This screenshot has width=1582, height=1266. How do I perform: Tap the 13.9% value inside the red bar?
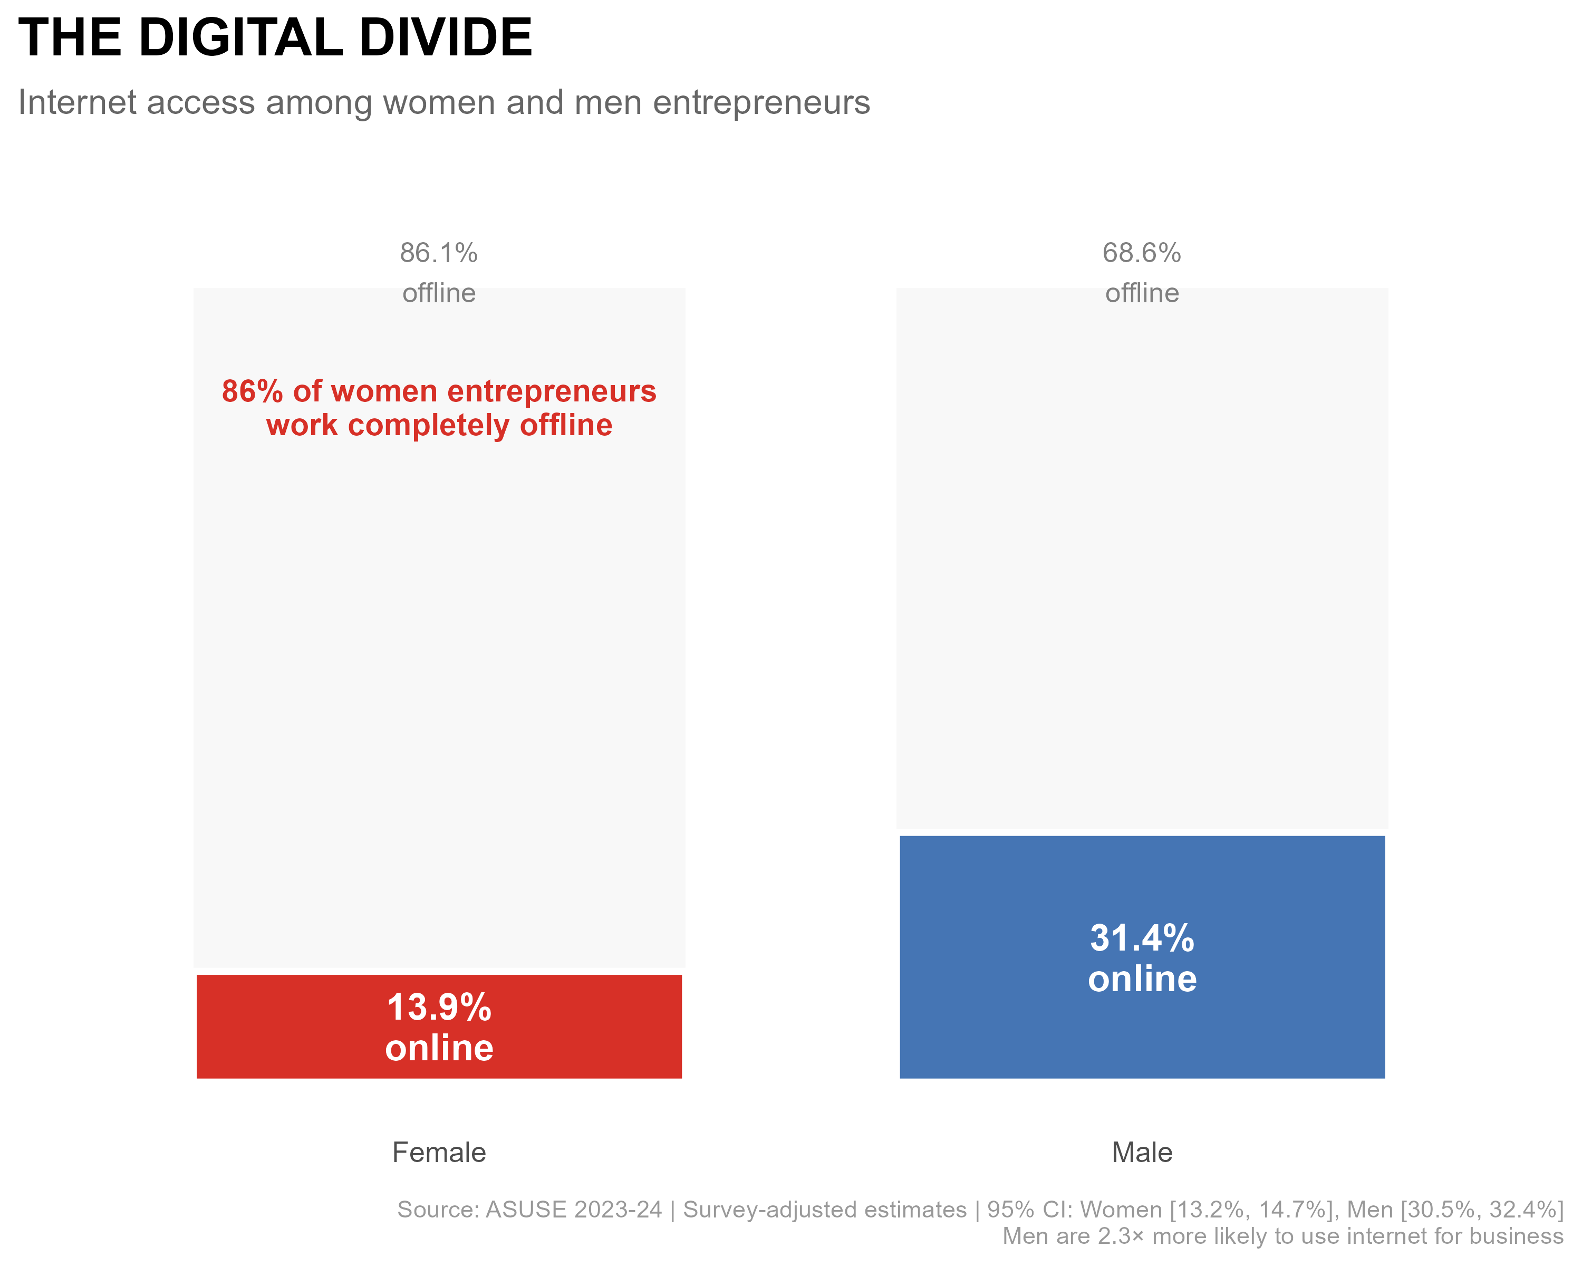point(439,1007)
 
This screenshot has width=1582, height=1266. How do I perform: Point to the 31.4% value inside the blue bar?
point(1142,938)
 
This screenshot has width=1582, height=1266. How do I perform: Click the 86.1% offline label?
point(439,253)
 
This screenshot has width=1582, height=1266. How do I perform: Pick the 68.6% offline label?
point(1142,253)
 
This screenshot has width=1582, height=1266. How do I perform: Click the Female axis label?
point(439,1152)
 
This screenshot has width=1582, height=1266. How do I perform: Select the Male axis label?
point(1142,1152)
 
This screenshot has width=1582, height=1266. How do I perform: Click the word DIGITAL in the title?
point(240,38)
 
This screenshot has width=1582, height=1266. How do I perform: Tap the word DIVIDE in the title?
point(446,38)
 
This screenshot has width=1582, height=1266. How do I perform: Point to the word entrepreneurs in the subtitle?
point(761,103)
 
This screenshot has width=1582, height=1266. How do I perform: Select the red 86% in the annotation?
point(252,391)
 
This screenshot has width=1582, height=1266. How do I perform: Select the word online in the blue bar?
point(1142,979)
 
